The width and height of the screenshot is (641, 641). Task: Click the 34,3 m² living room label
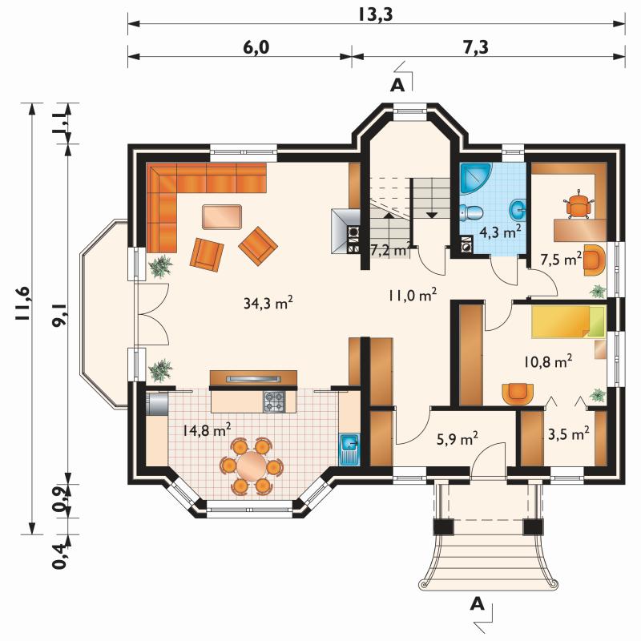268,303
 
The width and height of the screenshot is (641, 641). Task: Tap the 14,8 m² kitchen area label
207,429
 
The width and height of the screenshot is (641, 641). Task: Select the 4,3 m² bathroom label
500,232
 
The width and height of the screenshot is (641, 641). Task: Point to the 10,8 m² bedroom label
548,361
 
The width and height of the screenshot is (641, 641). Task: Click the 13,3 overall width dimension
376,14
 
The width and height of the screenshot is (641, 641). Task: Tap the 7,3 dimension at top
476,47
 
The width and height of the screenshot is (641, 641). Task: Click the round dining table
252,466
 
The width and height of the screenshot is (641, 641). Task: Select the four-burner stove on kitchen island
274,401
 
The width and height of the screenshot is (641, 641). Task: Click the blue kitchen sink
349,450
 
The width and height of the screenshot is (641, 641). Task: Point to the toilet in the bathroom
470,212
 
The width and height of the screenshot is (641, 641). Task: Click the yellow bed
568,322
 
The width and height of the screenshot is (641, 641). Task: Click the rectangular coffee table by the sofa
222,217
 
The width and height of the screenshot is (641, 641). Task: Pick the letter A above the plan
397,86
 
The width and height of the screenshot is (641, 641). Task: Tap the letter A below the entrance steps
477,604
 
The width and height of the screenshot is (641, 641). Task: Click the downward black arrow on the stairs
432,214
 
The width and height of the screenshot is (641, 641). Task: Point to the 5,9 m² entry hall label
458,439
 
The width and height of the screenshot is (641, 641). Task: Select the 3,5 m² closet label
569,433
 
